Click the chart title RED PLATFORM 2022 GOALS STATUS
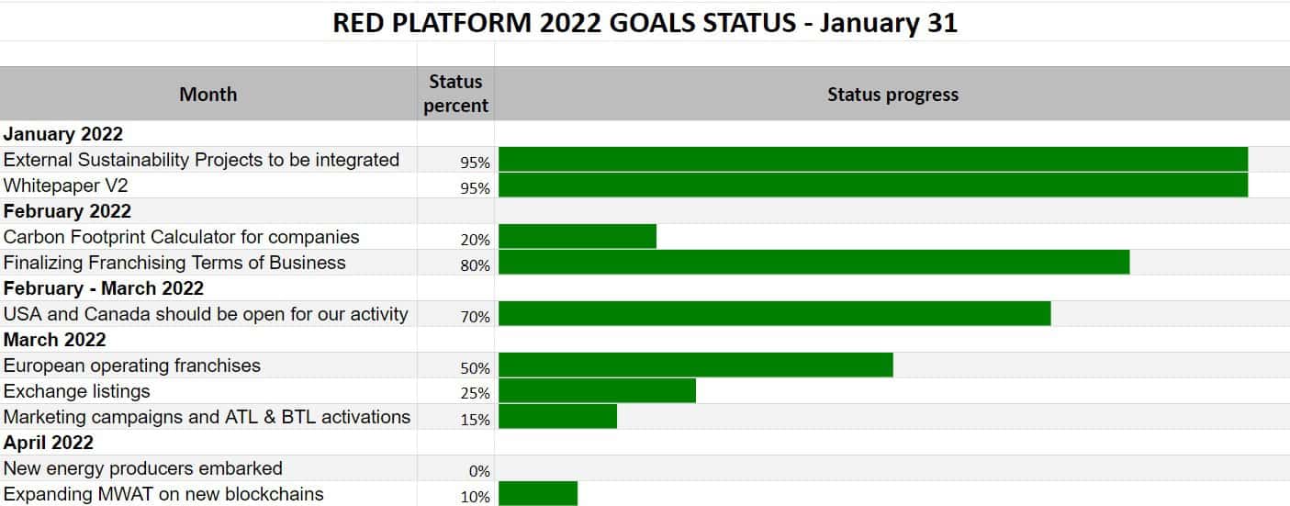coord(645,23)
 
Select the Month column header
coord(208,94)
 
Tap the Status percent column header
coord(455,94)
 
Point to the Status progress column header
coord(892,94)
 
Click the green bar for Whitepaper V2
coord(873,186)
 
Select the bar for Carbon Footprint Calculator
coord(577,237)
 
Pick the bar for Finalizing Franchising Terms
coord(813,263)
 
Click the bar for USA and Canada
coord(775,313)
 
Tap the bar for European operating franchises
coord(696,365)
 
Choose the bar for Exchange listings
coord(597,390)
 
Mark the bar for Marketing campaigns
coord(557,417)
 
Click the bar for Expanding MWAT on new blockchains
coord(538,494)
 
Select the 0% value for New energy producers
coord(479,471)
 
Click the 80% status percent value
coord(475,265)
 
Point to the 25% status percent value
coord(475,393)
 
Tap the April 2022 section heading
coord(49,443)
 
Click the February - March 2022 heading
coord(104,288)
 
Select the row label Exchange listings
coord(76,391)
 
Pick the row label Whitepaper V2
coord(66,186)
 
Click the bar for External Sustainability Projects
coord(873,159)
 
